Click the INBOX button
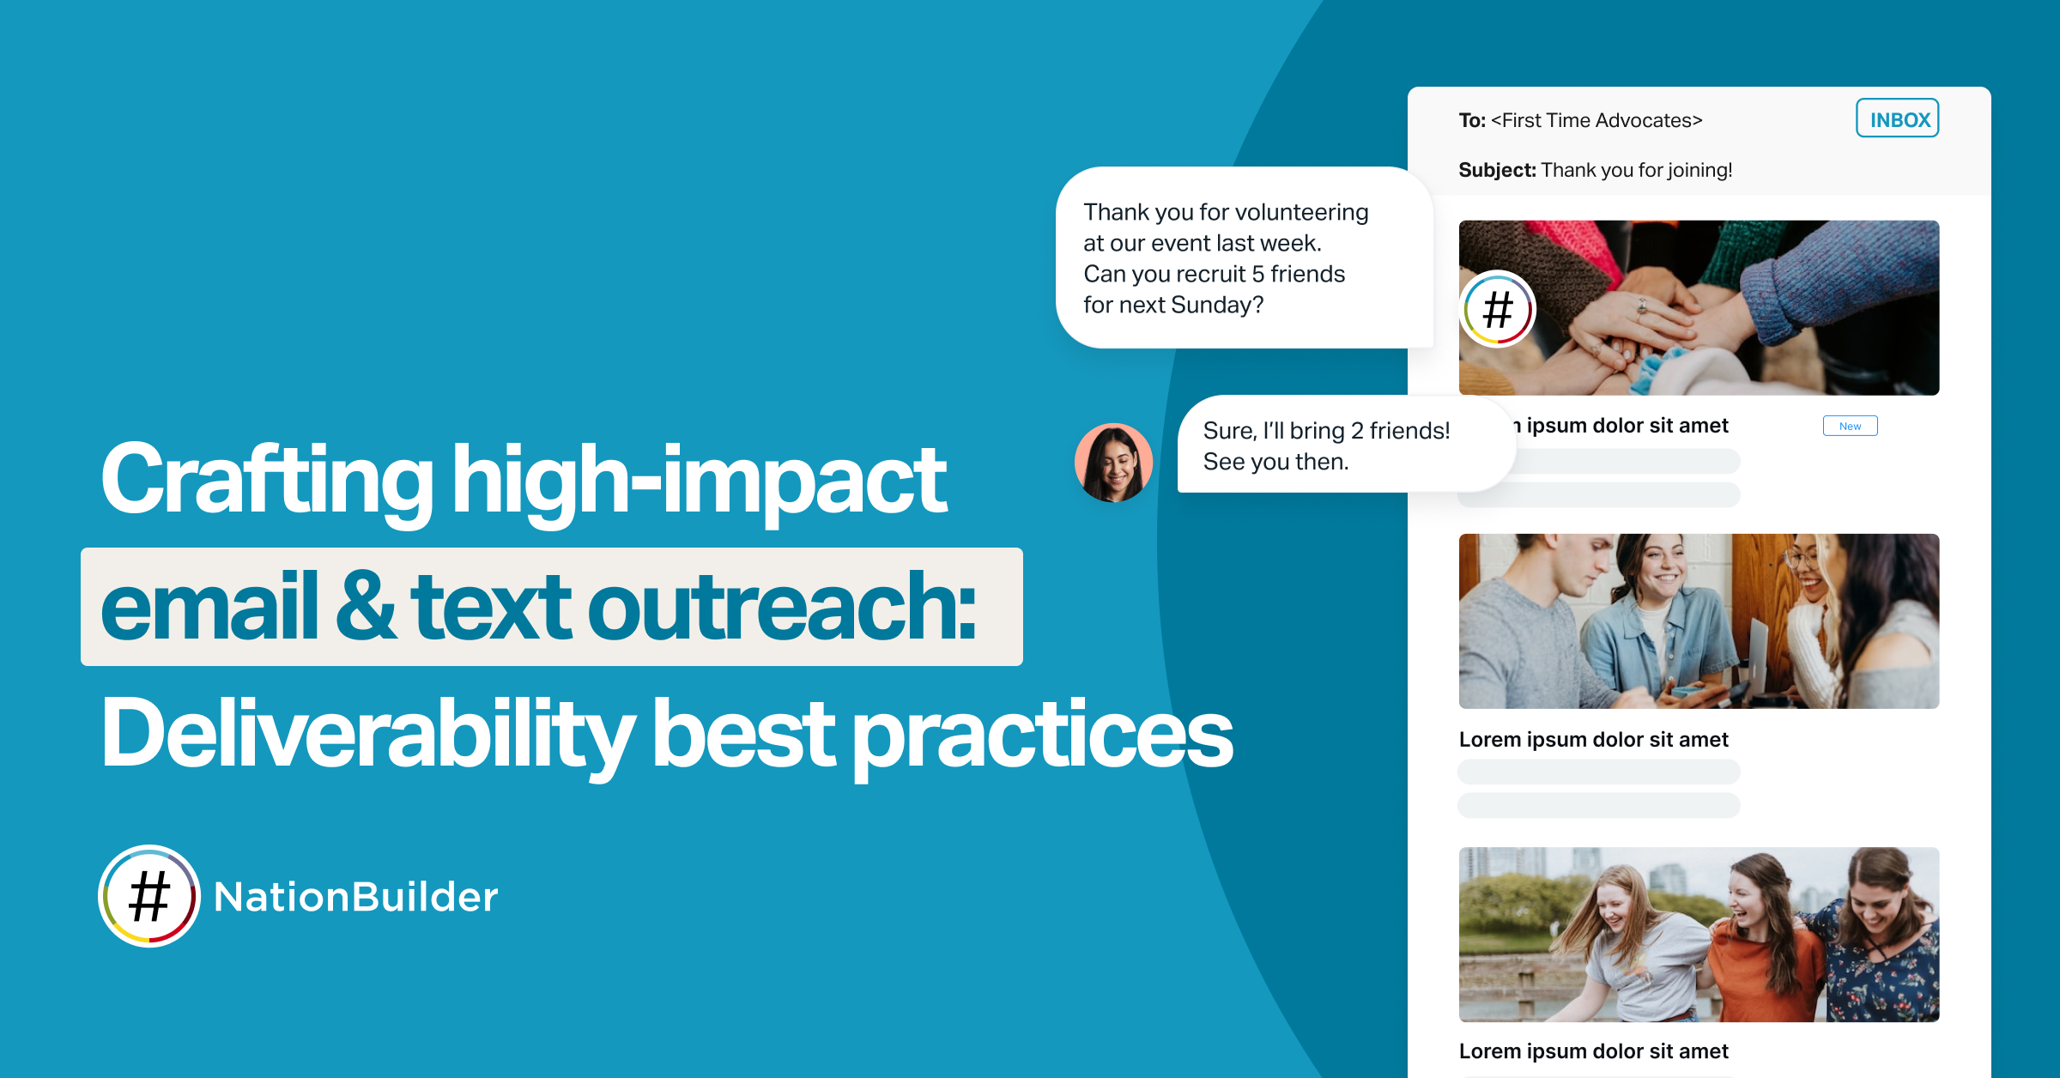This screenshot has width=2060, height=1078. coord(1897,118)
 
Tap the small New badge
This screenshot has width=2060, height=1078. coord(1850,426)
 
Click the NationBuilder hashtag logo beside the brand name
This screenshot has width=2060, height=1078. coord(149,896)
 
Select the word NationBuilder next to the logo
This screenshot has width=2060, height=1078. coord(355,897)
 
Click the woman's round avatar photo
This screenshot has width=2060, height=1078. coord(1113,463)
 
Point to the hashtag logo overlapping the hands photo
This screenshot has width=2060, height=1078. coord(1498,309)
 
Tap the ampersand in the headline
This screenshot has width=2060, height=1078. coord(367,606)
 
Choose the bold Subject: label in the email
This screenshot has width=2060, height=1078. coord(1497,170)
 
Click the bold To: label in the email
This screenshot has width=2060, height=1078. coord(1472,120)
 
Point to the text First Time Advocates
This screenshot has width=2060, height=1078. coord(1596,120)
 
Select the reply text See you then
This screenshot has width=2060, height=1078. coord(1275,462)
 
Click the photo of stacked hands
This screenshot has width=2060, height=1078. coord(1699,307)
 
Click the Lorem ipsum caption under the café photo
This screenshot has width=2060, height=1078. coord(1593,740)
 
